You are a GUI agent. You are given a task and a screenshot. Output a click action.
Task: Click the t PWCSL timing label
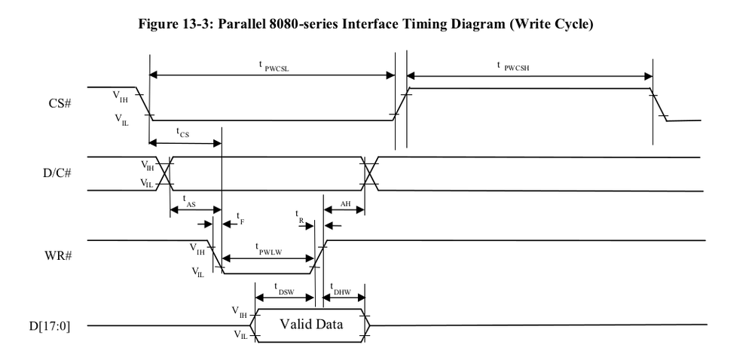click(x=270, y=66)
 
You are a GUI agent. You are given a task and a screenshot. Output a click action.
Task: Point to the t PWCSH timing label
click(x=517, y=66)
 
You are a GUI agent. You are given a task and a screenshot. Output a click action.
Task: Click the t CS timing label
click(x=183, y=133)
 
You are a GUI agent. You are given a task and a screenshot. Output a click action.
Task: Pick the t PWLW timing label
click(x=267, y=248)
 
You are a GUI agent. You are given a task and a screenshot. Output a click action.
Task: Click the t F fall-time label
click(x=240, y=217)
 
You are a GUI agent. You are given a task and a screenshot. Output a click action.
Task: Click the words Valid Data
click(x=311, y=325)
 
